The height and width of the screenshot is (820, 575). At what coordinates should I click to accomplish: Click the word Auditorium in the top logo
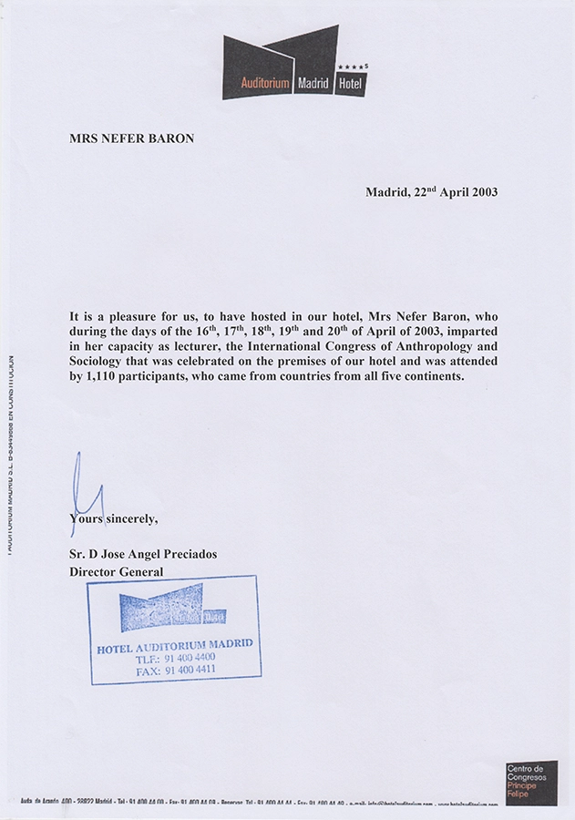pos(265,84)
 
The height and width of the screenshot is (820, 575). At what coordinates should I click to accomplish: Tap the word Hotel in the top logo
pos(349,84)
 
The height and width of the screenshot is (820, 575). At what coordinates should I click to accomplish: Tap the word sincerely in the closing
pos(130,518)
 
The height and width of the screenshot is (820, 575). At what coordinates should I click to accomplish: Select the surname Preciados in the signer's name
pos(186,554)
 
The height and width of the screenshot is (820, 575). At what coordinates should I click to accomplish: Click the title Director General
pos(116,571)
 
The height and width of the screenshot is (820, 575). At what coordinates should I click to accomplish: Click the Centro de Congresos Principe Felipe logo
pos(531,782)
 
